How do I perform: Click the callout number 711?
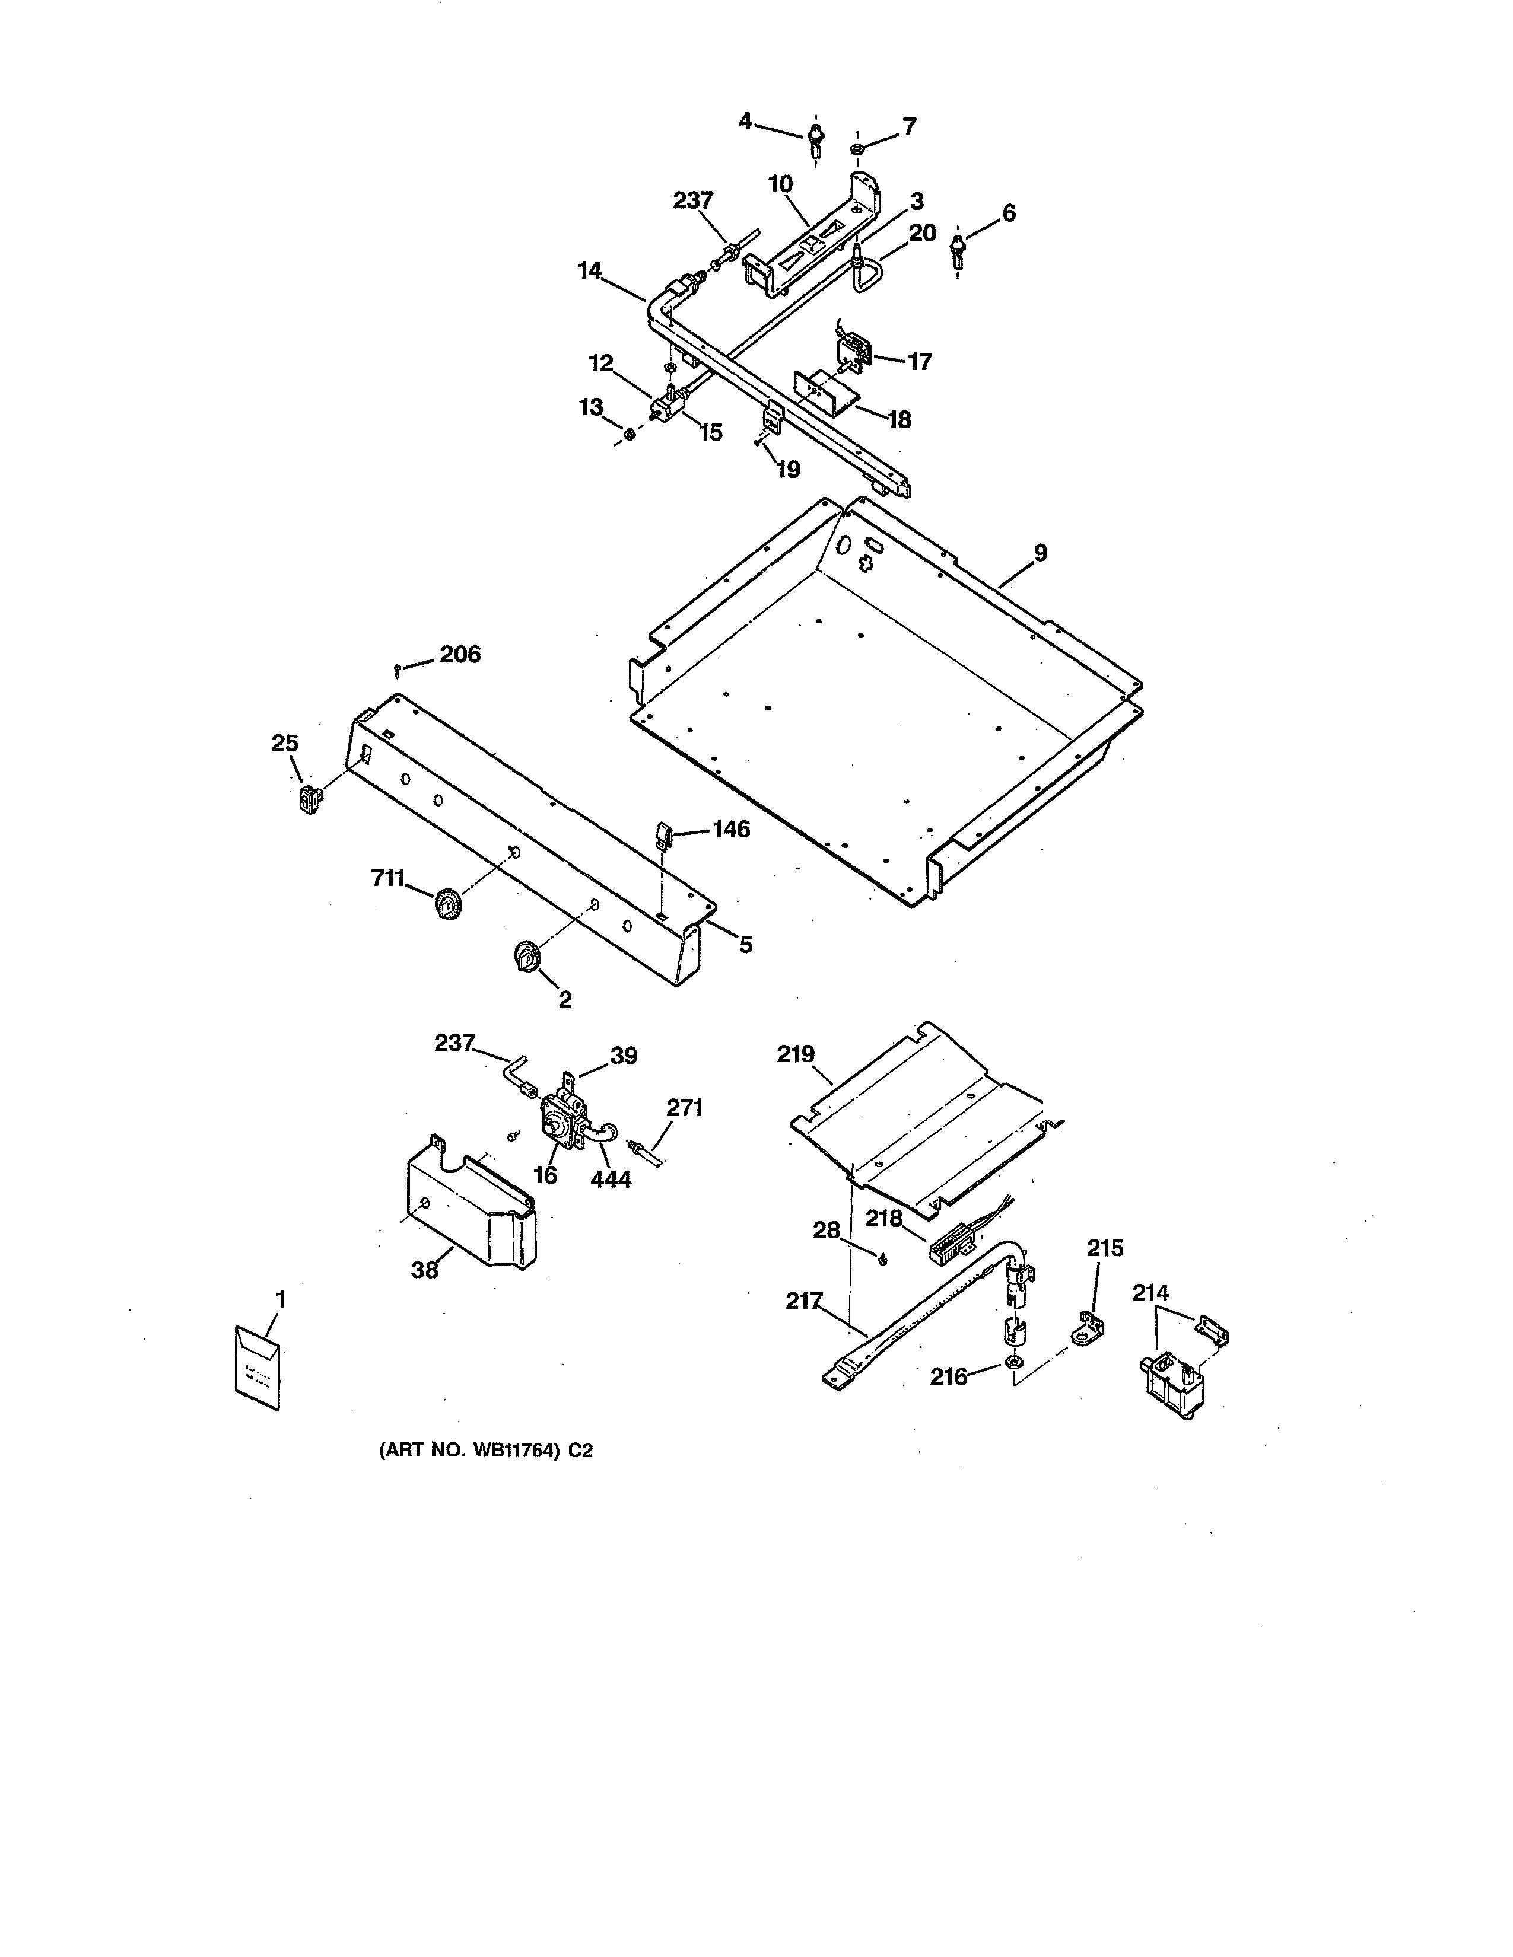388,879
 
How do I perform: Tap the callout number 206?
460,654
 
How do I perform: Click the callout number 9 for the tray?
1040,553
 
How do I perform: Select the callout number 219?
796,1054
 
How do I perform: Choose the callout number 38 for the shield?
425,1270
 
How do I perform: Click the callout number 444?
611,1179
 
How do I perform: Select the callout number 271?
685,1108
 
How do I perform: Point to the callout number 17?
920,361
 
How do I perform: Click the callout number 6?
1008,213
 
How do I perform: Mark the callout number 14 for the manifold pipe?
590,270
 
